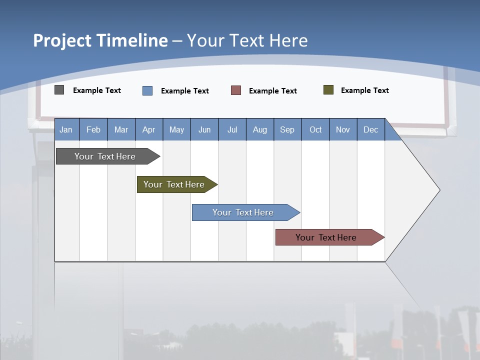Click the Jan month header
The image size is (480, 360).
pyautogui.click(x=66, y=129)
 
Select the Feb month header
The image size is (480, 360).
pyautogui.click(x=93, y=129)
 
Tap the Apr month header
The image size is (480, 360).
pyautogui.click(x=148, y=129)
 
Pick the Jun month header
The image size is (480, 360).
pyautogui.click(x=204, y=129)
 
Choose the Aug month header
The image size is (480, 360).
pyautogui.click(x=259, y=129)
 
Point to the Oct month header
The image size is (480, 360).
pyautogui.click(x=315, y=129)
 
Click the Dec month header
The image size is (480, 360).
pyautogui.click(x=370, y=129)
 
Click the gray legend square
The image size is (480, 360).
pyautogui.click(x=59, y=90)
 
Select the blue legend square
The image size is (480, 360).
pyautogui.click(x=147, y=90)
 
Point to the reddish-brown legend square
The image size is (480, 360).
pyautogui.click(x=236, y=90)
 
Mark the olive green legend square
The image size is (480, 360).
pyautogui.click(x=328, y=90)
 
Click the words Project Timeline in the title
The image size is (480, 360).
pyautogui.click(x=100, y=40)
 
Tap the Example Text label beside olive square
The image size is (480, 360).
pyautogui.click(x=364, y=90)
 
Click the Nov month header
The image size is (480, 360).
pyautogui.click(x=343, y=129)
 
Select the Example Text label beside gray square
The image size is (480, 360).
pyautogui.click(x=97, y=90)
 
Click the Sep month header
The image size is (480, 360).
pyautogui.click(x=287, y=129)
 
